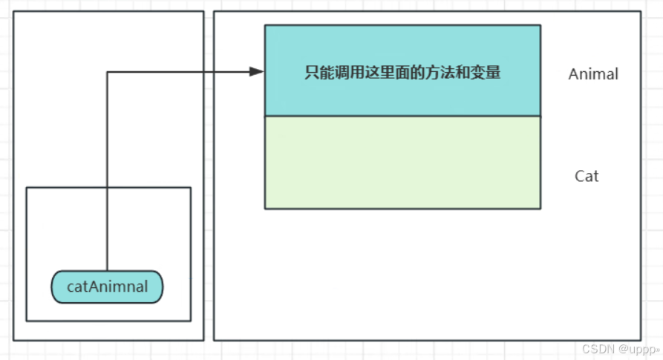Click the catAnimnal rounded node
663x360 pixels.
pyautogui.click(x=107, y=287)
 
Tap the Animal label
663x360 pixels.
pyautogui.click(x=593, y=74)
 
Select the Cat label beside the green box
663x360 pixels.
pyautogui.click(x=587, y=177)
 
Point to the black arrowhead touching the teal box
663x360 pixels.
pyautogui.click(x=257, y=72)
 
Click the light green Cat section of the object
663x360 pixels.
pyautogui.click(x=402, y=163)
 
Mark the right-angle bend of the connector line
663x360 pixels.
pyautogui.click(x=108, y=72)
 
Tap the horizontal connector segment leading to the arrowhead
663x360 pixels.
pyautogui.click(x=178, y=72)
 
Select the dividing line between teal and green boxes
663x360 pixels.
pyautogui.click(x=402, y=117)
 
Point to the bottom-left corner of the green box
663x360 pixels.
pyautogui.click(x=265, y=209)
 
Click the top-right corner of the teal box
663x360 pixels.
pyautogui.click(x=540, y=26)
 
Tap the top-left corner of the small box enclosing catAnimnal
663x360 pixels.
pyautogui.click(x=27, y=188)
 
